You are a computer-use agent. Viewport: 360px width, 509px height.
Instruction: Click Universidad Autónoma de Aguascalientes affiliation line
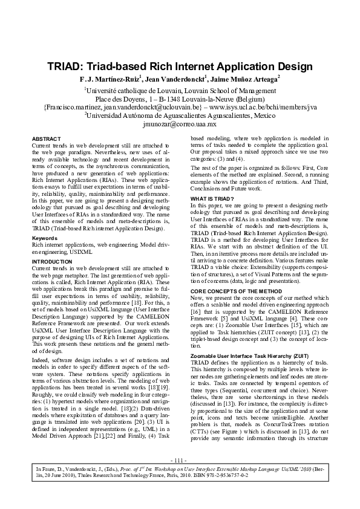180,115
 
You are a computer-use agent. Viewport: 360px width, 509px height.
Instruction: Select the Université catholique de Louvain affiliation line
180,89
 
